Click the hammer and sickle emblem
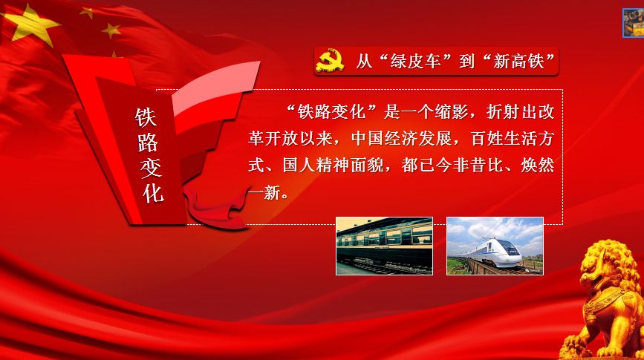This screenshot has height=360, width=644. tap(330, 60)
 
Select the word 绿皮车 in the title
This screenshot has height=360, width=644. tap(415, 62)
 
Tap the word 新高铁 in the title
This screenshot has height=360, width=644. tap(518, 62)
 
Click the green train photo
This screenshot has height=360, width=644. tap(385, 246)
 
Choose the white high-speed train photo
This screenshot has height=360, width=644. tap(495, 246)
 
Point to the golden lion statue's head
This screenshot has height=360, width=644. tap(604, 263)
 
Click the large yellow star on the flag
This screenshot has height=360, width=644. tap(30, 25)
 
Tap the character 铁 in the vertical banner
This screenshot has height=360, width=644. tap(146, 118)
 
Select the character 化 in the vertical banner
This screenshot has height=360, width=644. tap(153, 192)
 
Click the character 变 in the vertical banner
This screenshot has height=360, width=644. tap(151, 168)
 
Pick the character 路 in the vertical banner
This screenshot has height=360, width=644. tap(149, 143)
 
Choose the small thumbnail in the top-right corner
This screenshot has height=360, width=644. tap(634, 23)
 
